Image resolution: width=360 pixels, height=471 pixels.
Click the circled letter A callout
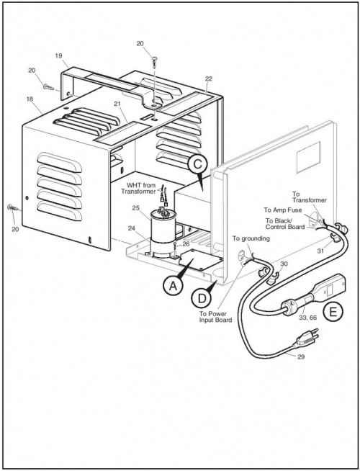(173, 285)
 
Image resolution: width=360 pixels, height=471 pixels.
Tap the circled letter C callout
(197, 165)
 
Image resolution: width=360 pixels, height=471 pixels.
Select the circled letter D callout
(202, 298)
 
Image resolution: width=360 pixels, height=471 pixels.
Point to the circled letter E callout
(333, 313)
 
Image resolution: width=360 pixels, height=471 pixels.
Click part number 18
(30, 99)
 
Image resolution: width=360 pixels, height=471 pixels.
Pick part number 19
(58, 55)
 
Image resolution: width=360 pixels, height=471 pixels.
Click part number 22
(209, 78)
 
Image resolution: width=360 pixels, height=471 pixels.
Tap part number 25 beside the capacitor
(136, 208)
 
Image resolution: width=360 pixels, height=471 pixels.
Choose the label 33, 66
(307, 318)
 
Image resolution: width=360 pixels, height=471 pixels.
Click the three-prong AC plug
(306, 338)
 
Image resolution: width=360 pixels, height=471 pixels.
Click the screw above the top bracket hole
(155, 61)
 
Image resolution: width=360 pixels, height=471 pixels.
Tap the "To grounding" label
(251, 238)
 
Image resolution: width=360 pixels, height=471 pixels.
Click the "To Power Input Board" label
(215, 317)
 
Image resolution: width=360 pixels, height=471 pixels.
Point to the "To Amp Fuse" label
(283, 210)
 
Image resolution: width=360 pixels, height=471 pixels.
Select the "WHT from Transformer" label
(138, 189)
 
